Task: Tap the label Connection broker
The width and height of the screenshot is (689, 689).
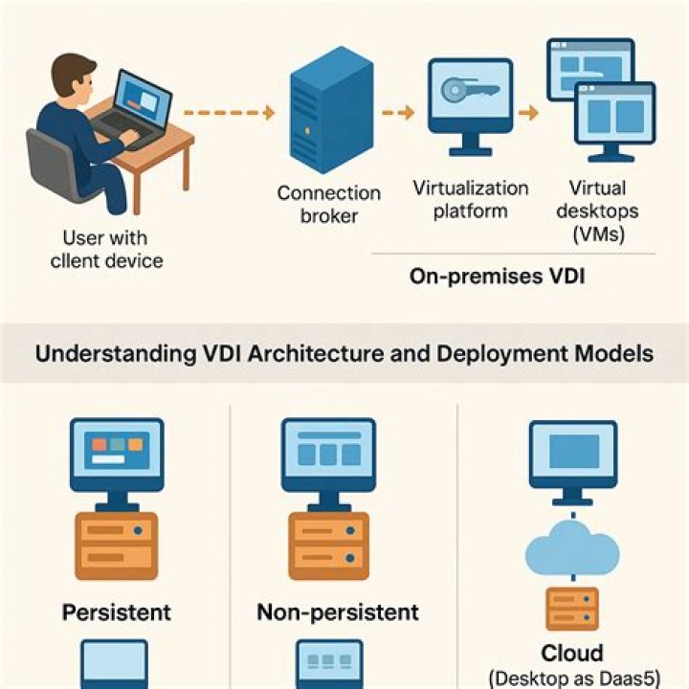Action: (328, 204)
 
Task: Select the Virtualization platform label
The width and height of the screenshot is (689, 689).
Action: (471, 199)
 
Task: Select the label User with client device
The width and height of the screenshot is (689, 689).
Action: (113, 249)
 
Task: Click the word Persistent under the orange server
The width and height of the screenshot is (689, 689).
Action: (116, 611)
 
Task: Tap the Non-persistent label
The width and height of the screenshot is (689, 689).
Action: (338, 611)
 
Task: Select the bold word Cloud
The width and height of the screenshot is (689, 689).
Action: (572, 653)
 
